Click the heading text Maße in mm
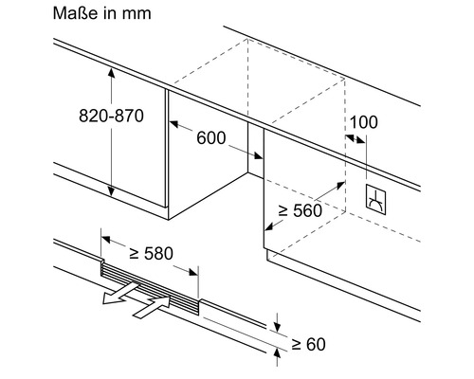(x=101, y=13)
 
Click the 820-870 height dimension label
(x=111, y=116)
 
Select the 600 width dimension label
(x=211, y=137)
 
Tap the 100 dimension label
(x=364, y=122)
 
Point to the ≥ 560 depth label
(x=301, y=210)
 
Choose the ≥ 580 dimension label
(x=152, y=253)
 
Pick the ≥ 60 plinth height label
(x=308, y=344)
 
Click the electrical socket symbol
(x=375, y=200)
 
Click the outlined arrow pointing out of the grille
(x=120, y=293)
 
